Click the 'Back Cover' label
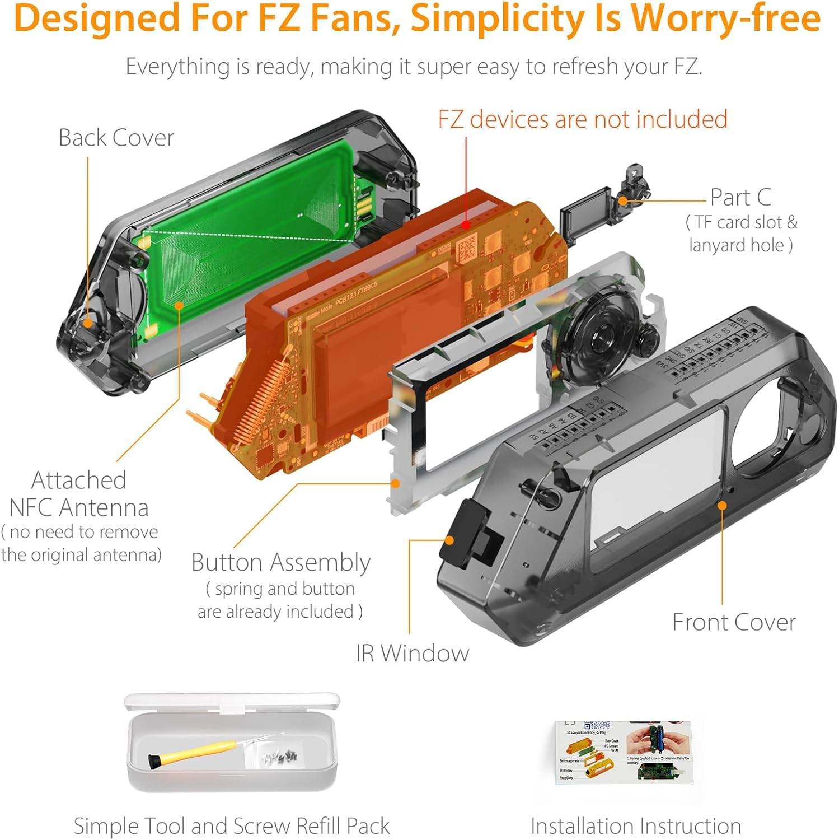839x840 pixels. click(x=116, y=138)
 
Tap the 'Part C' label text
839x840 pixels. click(x=740, y=197)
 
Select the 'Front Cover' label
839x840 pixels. click(x=734, y=622)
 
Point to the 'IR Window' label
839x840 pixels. click(x=413, y=653)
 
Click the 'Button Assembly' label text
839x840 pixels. click(x=280, y=562)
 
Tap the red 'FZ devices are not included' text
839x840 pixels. click(x=582, y=119)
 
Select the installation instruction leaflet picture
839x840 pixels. click(x=624, y=752)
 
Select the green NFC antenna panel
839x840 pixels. click(x=246, y=241)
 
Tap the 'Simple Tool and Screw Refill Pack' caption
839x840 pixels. click(x=232, y=826)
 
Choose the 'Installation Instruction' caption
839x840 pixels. click(x=636, y=826)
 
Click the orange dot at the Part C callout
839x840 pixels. click(x=623, y=200)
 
